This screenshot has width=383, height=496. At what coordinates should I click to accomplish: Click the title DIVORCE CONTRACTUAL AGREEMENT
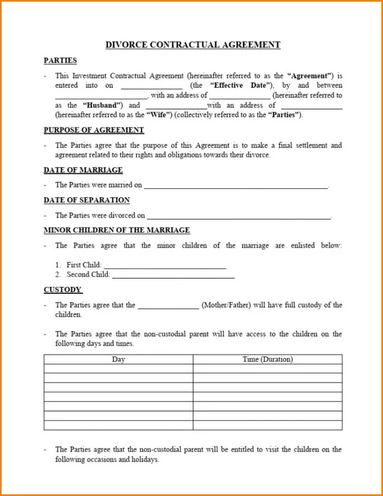pos(193,45)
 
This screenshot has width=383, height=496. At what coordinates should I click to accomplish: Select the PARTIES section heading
pos(60,61)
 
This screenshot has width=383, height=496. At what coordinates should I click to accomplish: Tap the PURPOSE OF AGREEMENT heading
pos(94,130)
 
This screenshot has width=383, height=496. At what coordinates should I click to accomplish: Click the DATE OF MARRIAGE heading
pos(83,170)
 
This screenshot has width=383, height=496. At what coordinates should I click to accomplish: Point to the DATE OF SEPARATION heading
pos(86,200)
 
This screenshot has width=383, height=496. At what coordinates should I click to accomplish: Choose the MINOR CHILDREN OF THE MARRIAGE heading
pos(117,230)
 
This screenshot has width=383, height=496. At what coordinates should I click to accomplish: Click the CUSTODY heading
pos(63,290)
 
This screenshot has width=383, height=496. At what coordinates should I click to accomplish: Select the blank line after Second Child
pos(173,275)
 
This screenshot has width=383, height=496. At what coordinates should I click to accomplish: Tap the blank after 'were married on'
pos(236,186)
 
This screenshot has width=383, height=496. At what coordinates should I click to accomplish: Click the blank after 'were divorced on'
pos(239,217)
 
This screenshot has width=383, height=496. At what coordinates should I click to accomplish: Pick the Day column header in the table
pos(118,360)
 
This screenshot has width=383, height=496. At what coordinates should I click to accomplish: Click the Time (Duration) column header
pos(268,360)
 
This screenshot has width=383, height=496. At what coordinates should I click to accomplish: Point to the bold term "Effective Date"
pos(239,85)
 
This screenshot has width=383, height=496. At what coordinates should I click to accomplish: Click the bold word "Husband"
pos(102,105)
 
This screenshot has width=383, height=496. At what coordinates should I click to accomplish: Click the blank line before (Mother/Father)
pos(168,306)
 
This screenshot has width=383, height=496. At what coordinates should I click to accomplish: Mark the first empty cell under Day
pos(118,369)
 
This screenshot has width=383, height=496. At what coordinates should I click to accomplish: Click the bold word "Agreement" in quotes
pos(310,76)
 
